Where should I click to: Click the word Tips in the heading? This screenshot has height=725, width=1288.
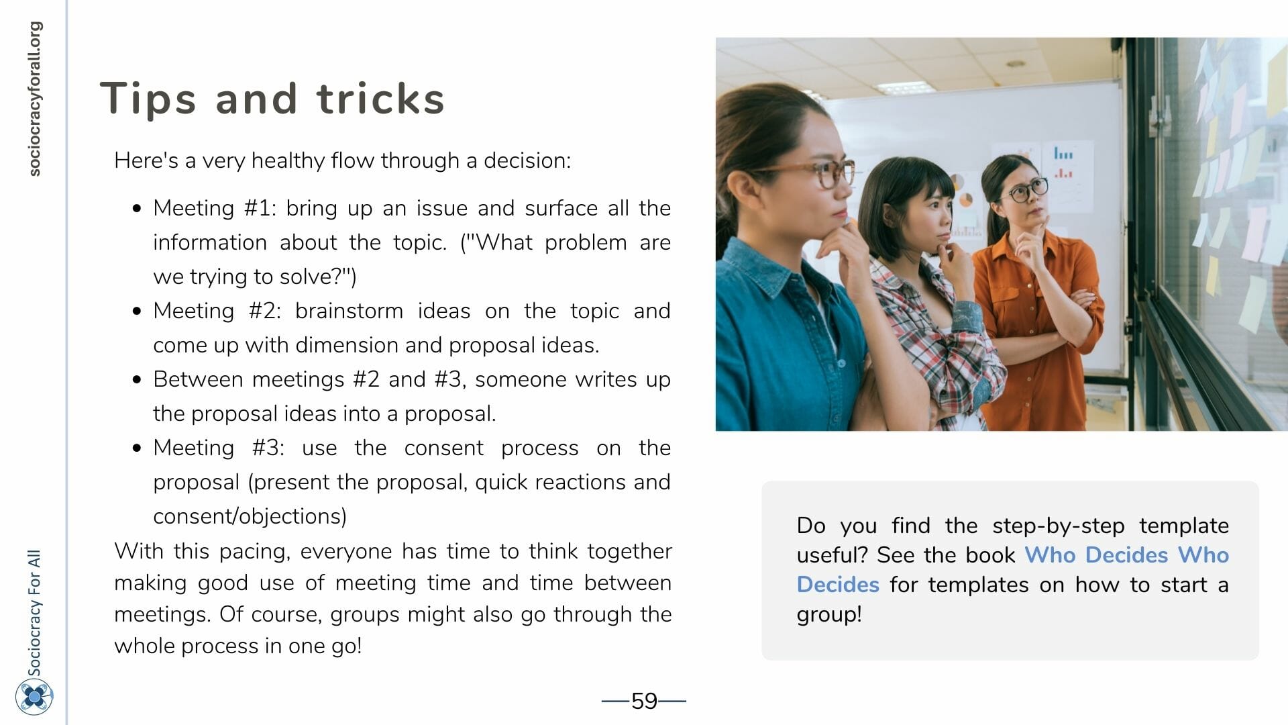tap(148, 99)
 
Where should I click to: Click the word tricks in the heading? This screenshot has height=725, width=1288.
tap(380, 98)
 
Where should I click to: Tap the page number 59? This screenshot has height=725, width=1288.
tap(644, 701)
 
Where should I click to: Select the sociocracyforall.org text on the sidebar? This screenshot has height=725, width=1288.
tap(34, 99)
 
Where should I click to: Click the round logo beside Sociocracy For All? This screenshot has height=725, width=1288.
tap(34, 697)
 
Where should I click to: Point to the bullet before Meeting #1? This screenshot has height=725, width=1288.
tap(138, 209)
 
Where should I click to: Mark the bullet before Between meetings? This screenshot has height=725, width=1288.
tap(138, 380)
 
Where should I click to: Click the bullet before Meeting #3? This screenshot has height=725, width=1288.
tap(138, 448)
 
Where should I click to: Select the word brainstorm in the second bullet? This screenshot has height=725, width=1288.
tap(349, 311)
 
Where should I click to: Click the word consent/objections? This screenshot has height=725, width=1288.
tap(250, 516)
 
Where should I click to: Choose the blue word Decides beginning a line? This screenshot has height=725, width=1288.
tap(838, 585)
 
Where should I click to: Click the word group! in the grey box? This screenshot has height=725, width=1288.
tap(829, 615)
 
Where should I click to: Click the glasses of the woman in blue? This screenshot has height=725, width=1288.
tap(818, 172)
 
